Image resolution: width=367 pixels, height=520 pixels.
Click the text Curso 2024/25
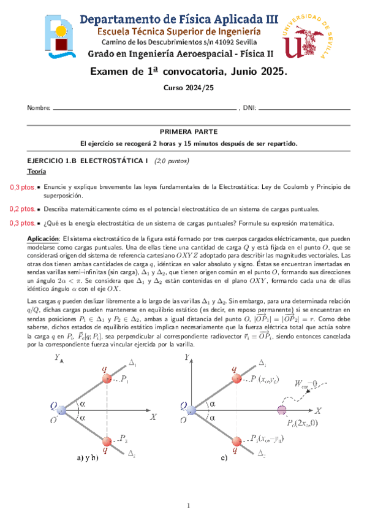183,88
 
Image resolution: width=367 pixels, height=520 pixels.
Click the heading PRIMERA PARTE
184,132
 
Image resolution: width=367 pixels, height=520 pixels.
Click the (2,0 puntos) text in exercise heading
172,161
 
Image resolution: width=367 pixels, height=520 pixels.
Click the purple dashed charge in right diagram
282,410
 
